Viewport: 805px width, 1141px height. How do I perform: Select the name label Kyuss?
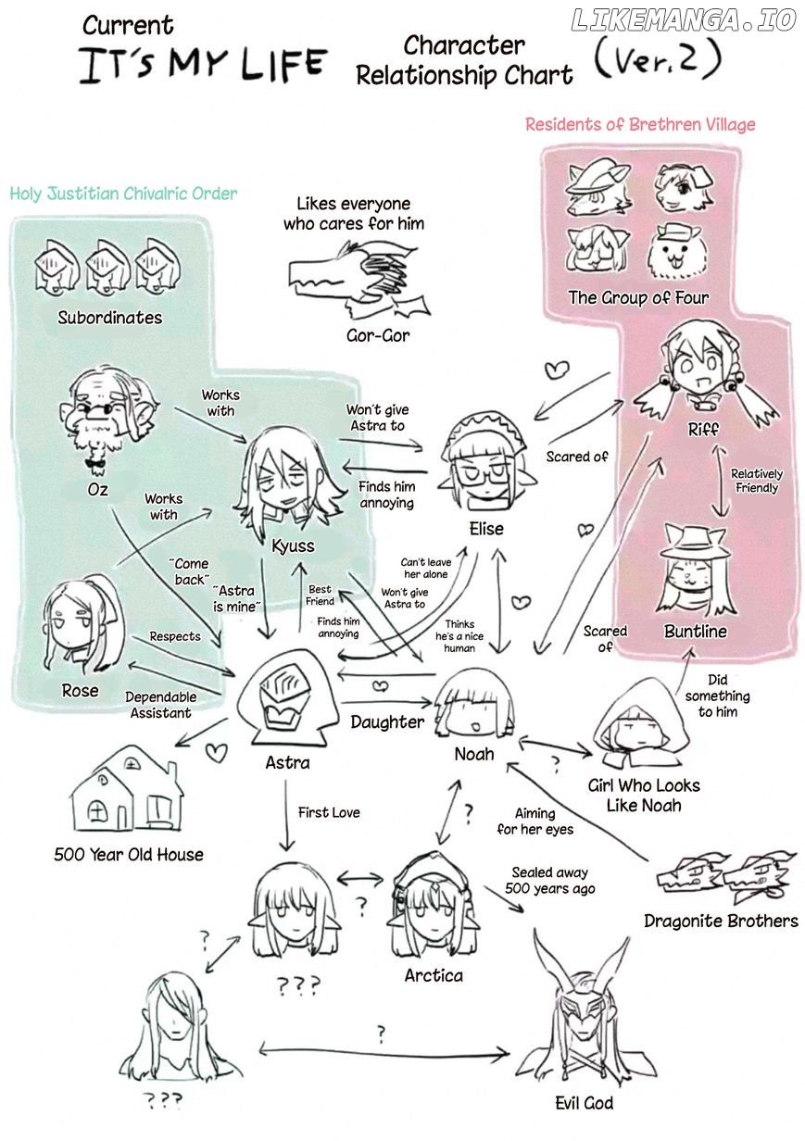coord(293,545)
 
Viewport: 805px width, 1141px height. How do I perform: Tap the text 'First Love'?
coord(329,812)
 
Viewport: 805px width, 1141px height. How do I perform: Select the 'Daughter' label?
coord(387,721)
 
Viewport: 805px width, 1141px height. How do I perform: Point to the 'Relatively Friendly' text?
coord(756,481)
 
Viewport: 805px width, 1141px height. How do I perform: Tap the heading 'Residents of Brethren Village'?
coord(640,124)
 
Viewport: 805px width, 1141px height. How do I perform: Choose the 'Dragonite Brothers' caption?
coord(721,921)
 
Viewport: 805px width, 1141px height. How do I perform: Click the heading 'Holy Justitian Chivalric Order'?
coord(124,194)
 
